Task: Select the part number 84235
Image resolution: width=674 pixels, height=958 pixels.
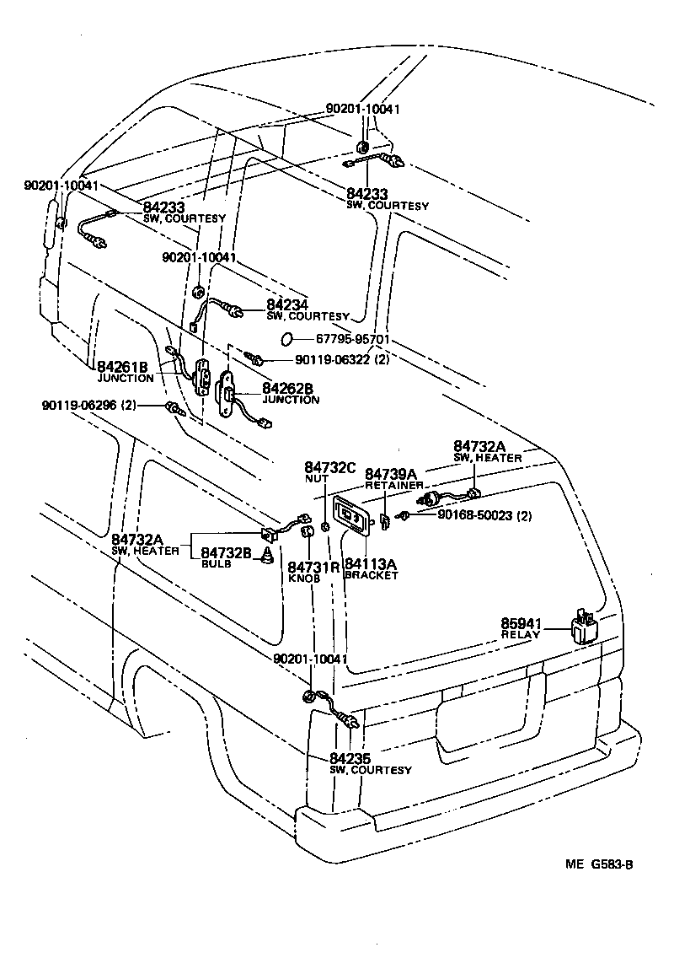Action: click(350, 758)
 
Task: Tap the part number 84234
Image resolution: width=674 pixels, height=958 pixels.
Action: click(287, 304)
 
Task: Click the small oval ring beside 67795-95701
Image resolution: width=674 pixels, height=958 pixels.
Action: click(286, 339)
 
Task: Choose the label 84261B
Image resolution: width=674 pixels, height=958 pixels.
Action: click(122, 367)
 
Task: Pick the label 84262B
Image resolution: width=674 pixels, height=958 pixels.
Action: click(287, 389)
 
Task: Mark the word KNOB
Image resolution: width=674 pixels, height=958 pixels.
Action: click(302, 580)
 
